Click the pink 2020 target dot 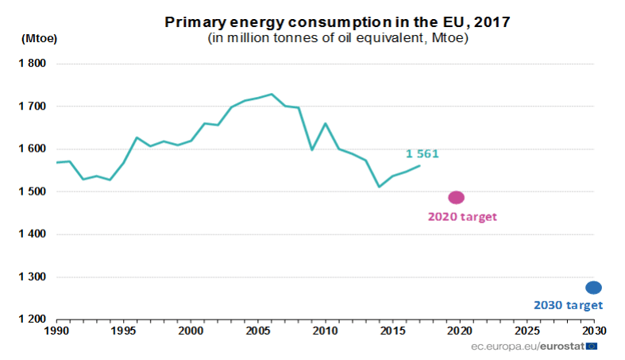(456, 197)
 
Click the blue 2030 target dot (593, 288)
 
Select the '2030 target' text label (568, 305)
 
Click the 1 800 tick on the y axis (33, 64)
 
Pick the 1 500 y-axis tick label (33, 192)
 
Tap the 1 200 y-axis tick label (33, 319)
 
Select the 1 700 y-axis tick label (33, 106)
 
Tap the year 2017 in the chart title (492, 21)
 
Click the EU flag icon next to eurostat (591, 346)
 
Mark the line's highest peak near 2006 (272, 94)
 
